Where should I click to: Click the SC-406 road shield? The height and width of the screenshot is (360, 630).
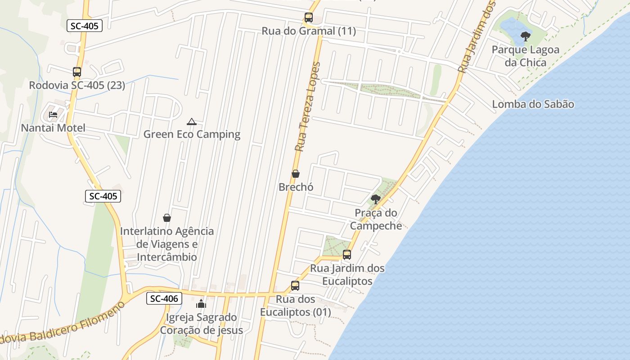click(164, 298)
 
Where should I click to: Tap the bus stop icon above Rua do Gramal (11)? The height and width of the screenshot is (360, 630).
click(308, 18)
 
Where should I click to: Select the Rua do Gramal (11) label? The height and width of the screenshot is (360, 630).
click(309, 31)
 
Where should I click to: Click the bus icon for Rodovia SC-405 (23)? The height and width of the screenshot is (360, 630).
click(77, 72)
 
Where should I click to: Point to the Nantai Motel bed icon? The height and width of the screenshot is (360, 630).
click(53, 114)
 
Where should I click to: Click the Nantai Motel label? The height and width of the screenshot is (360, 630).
click(53, 128)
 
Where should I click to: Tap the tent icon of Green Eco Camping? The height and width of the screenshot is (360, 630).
click(192, 121)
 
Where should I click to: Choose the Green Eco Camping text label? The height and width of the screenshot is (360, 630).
click(192, 134)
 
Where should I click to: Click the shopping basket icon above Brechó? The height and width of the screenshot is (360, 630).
click(296, 173)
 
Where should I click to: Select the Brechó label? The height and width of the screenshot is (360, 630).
click(296, 187)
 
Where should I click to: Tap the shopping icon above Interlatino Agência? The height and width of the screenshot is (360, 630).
click(167, 218)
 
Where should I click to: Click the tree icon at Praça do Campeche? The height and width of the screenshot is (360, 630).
click(376, 199)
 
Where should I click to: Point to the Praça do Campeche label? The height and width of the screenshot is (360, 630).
click(376, 219)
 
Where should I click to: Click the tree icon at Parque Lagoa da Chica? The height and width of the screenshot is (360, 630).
click(525, 36)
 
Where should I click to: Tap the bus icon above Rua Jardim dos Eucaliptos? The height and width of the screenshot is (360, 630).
click(347, 255)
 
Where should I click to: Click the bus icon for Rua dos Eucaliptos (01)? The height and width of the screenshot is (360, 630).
click(295, 286)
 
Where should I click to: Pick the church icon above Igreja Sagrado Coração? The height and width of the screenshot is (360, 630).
click(201, 304)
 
